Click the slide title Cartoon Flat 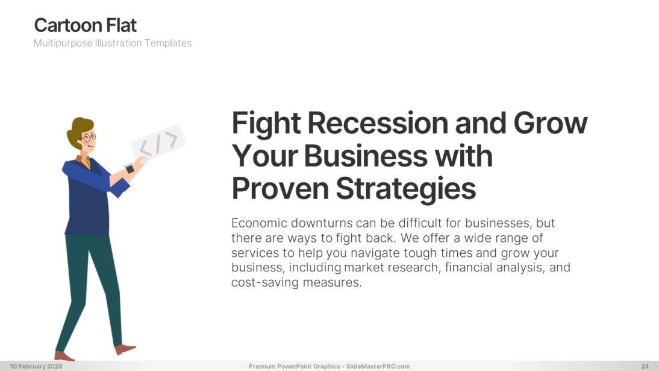click(x=86, y=25)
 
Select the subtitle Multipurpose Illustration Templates click(x=113, y=43)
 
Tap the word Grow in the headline click(x=550, y=123)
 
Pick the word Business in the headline click(x=366, y=156)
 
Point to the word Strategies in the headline click(x=406, y=189)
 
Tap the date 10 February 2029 click(x=36, y=366)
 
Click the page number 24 click(x=645, y=366)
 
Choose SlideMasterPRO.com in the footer click(x=378, y=366)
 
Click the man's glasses click(x=89, y=138)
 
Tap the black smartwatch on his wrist click(x=130, y=169)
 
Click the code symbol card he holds click(x=158, y=142)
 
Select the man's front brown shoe click(x=126, y=349)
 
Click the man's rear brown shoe click(x=64, y=357)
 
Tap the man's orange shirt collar click(x=84, y=161)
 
